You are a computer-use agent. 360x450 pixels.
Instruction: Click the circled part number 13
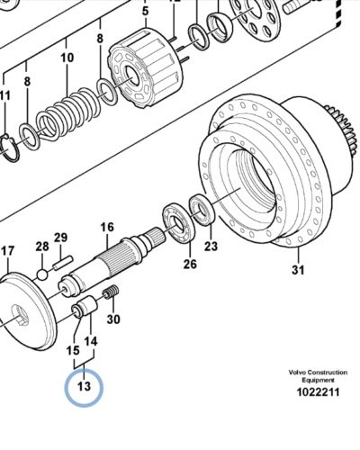84,386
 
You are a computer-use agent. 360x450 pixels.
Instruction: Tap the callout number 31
298,270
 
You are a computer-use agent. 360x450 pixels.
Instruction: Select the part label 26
190,264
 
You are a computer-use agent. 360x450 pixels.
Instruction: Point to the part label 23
211,247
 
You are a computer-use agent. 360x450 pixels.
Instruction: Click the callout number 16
107,227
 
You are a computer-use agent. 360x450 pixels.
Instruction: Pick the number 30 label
113,319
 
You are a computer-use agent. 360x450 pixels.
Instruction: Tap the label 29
60,238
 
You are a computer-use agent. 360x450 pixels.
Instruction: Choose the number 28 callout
42,247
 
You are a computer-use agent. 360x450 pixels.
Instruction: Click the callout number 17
8,251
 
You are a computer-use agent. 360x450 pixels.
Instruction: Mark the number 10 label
67,58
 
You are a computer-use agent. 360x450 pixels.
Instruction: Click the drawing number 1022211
318,392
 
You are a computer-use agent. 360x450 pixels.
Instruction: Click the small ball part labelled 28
42,274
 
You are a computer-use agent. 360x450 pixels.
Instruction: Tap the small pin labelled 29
63,262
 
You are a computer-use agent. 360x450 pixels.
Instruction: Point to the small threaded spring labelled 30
111,292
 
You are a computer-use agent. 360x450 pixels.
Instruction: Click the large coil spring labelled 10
68,114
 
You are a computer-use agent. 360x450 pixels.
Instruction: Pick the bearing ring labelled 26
178,222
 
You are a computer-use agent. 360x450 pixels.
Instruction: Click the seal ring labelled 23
202,209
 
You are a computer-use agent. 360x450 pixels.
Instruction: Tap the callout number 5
145,11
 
